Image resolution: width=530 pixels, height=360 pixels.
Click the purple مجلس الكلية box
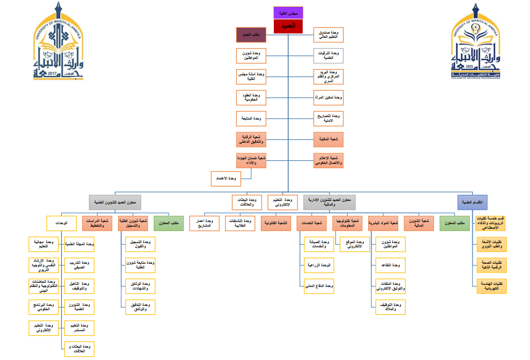(x=288, y=13)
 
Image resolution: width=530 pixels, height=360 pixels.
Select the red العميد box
(x=288, y=26)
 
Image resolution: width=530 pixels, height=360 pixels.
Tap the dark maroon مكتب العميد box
(x=251, y=35)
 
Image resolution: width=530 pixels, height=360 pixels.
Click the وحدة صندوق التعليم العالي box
(x=328, y=35)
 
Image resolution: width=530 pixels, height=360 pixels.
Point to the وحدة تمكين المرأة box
(x=328, y=98)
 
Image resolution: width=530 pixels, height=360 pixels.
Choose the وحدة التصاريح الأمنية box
(x=328, y=118)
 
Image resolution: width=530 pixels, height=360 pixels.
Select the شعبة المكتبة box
(x=328, y=139)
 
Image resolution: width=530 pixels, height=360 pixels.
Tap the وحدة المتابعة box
(x=251, y=118)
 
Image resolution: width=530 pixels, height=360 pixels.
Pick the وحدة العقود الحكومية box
(x=251, y=98)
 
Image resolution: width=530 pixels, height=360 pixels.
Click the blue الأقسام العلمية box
(x=472, y=202)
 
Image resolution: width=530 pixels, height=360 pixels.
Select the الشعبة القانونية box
(x=276, y=223)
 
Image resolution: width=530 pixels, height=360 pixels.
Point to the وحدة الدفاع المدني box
(x=319, y=286)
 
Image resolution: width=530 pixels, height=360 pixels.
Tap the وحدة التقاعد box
(x=391, y=265)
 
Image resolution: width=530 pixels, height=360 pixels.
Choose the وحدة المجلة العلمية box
(x=79, y=244)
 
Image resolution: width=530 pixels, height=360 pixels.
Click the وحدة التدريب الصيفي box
(x=79, y=265)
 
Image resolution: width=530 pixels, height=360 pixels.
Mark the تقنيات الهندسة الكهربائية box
(x=491, y=286)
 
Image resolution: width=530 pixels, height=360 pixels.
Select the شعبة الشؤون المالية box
(x=418, y=223)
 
